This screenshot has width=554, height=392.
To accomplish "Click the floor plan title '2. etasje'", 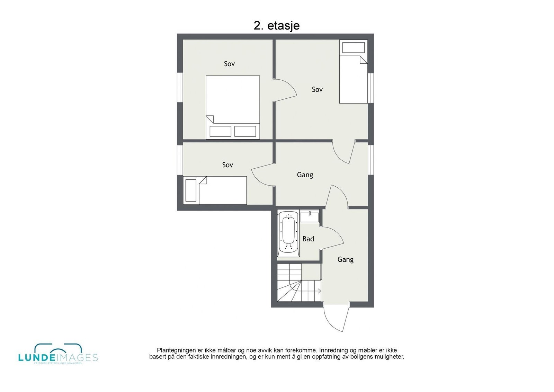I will point(276,26).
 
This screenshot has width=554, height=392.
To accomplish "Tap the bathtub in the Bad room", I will point(288,233).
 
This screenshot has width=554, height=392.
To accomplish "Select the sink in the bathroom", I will point(310,216).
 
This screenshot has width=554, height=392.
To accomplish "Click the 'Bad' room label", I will point(308,239).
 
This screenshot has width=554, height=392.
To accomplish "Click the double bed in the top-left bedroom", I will point(233,104).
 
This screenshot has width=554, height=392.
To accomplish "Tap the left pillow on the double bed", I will point(220,131).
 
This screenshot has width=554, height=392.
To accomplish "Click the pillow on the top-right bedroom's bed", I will point(353,48).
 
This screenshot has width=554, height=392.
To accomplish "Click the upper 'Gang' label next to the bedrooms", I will point(305,175).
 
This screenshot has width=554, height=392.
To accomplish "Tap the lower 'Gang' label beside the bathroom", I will point(345,259).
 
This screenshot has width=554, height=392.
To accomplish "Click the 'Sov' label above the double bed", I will point(229,64).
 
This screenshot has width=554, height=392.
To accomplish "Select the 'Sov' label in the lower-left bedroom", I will point(227,165).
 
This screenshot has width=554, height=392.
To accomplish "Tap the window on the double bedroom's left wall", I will point(180,87).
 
